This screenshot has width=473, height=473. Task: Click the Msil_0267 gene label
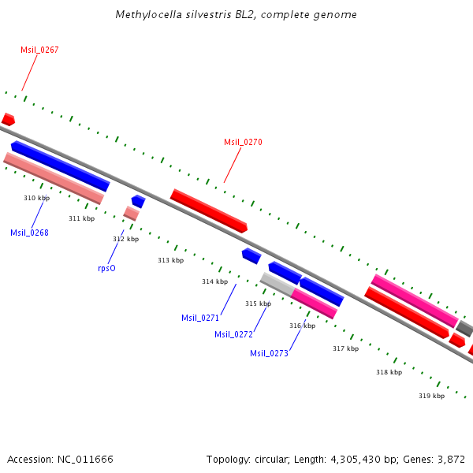tap(39, 50)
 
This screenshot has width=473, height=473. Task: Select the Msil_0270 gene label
tap(243, 142)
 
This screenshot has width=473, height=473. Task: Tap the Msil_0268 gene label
tap(29, 233)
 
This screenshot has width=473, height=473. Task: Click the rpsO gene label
tap(106, 268)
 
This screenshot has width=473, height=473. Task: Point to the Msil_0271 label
tap(200, 318)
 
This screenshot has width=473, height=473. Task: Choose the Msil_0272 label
tap(234, 334)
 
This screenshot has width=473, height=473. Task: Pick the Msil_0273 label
tap(269, 353)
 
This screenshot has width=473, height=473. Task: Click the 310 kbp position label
tap(36, 198)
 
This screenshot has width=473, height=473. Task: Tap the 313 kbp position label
tap(170, 260)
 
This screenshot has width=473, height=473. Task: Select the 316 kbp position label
tap(302, 326)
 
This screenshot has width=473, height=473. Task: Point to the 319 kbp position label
tap(431, 396)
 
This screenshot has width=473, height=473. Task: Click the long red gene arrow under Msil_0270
tap(209, 210)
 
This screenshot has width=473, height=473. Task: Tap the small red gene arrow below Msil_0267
tap(8, 120)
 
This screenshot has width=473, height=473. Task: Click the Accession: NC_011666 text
tap(60, 459)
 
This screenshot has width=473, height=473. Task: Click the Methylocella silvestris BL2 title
tap(236, 14)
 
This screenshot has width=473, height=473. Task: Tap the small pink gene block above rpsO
tap(131, 213)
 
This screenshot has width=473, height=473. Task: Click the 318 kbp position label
tap(389, 372)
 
